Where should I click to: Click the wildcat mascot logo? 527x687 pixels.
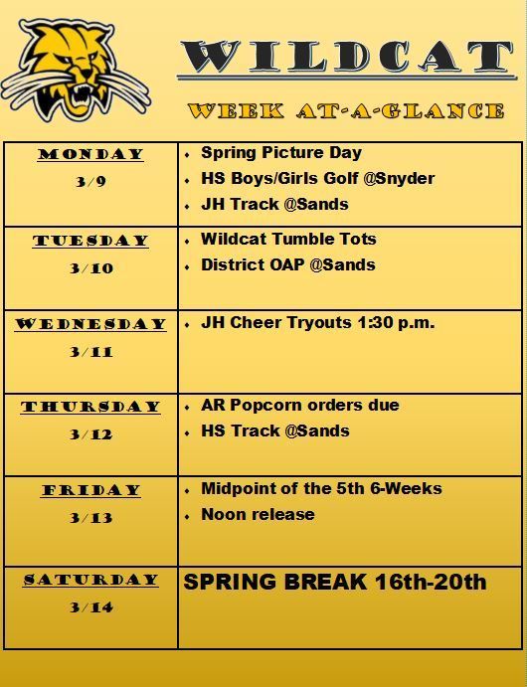(x=76, y=71)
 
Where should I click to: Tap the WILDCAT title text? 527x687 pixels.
(x=346, y=56)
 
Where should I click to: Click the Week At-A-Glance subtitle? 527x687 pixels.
(x=346, y=110)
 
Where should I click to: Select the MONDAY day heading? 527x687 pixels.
(x=90, y=154)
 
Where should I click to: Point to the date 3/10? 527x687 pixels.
(x=91, y=267)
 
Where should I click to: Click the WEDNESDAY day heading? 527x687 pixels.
(x=90, y=324)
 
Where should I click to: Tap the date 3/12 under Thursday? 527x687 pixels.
(x=91, y=434)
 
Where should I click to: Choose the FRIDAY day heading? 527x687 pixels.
(x=91, y=490)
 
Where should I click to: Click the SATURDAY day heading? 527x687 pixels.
(x=90, y=580)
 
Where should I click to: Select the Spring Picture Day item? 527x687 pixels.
(x=281, y=153)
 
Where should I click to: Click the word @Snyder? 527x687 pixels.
(x=399, y=179)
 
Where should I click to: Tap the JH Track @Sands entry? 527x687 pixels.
(x=274, y=204)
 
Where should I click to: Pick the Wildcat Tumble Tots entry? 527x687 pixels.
(x=288, y=239)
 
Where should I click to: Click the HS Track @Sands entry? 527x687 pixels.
(x=275, y=431)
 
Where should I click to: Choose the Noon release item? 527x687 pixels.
(x=258, y=514)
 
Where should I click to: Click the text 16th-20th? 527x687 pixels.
(x=431, y=583)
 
